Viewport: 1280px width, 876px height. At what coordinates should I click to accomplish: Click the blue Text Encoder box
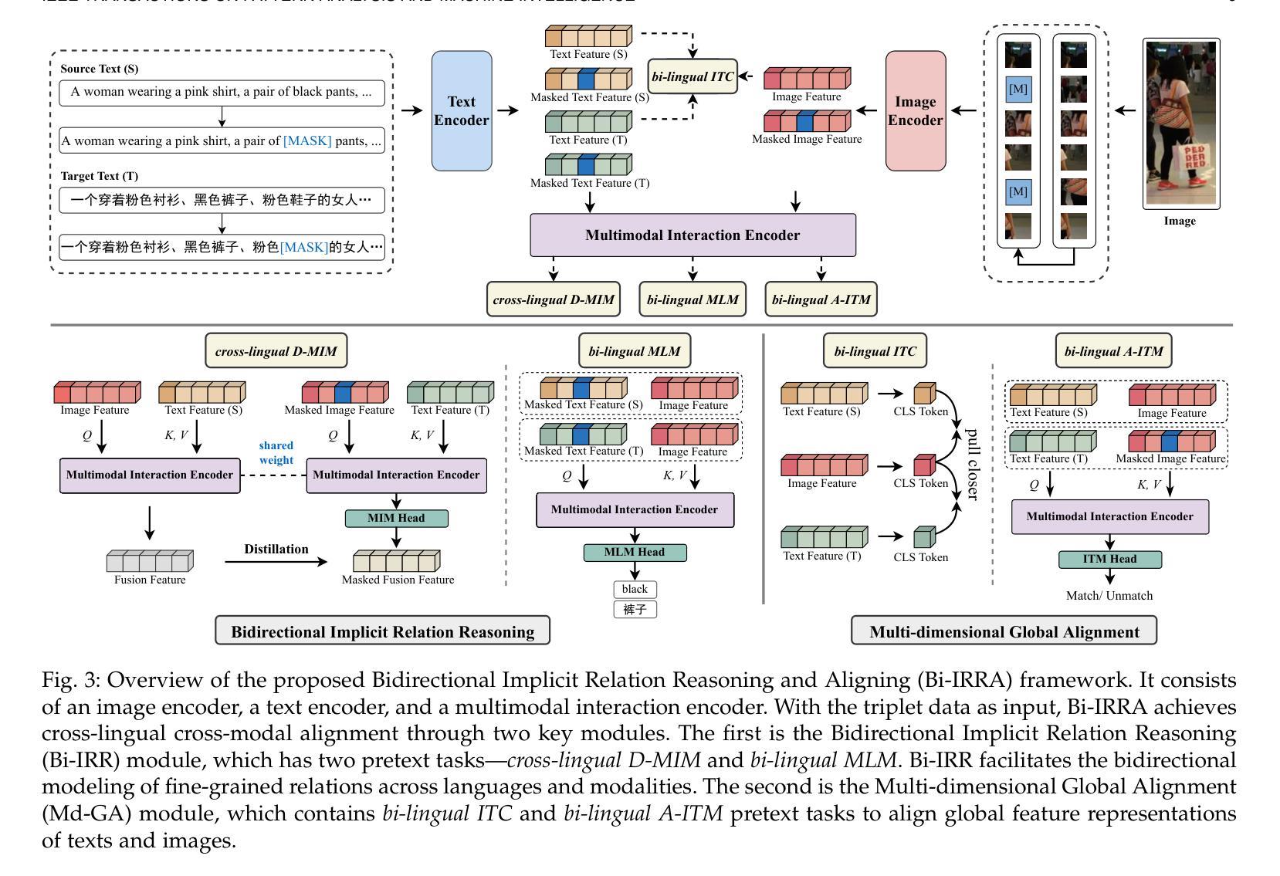[461, 110]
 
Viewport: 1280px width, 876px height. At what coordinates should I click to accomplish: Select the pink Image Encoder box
[915, 110]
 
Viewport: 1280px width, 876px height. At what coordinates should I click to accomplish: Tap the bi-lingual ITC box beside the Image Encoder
[692, 76]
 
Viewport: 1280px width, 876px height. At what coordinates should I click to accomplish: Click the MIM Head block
[396, 518]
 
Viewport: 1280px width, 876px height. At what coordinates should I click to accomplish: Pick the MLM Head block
[635, 552]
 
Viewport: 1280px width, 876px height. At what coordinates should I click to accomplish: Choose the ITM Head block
[1109, 559]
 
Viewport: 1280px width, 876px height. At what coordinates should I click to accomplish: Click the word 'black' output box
[635, 589]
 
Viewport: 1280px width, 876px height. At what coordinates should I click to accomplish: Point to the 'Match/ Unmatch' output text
[1109, 595]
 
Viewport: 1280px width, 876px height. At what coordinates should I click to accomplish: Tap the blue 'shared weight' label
[276, 452]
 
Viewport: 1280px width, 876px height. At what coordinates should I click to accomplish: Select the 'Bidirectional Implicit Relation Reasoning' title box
[382, 631]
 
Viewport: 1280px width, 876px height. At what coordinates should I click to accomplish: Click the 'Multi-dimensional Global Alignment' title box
[1004, 631]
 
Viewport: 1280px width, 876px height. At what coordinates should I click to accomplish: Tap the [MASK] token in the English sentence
[307, 140]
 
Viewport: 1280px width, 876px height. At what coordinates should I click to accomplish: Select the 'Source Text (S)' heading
[99, 69]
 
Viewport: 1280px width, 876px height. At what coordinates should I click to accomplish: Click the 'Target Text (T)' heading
[99, 176]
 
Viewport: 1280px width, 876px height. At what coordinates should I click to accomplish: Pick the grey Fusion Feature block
[149, 560]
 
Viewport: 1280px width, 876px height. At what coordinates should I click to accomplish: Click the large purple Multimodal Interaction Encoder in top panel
[692, 235]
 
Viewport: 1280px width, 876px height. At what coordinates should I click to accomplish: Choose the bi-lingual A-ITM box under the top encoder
[821, 299]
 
